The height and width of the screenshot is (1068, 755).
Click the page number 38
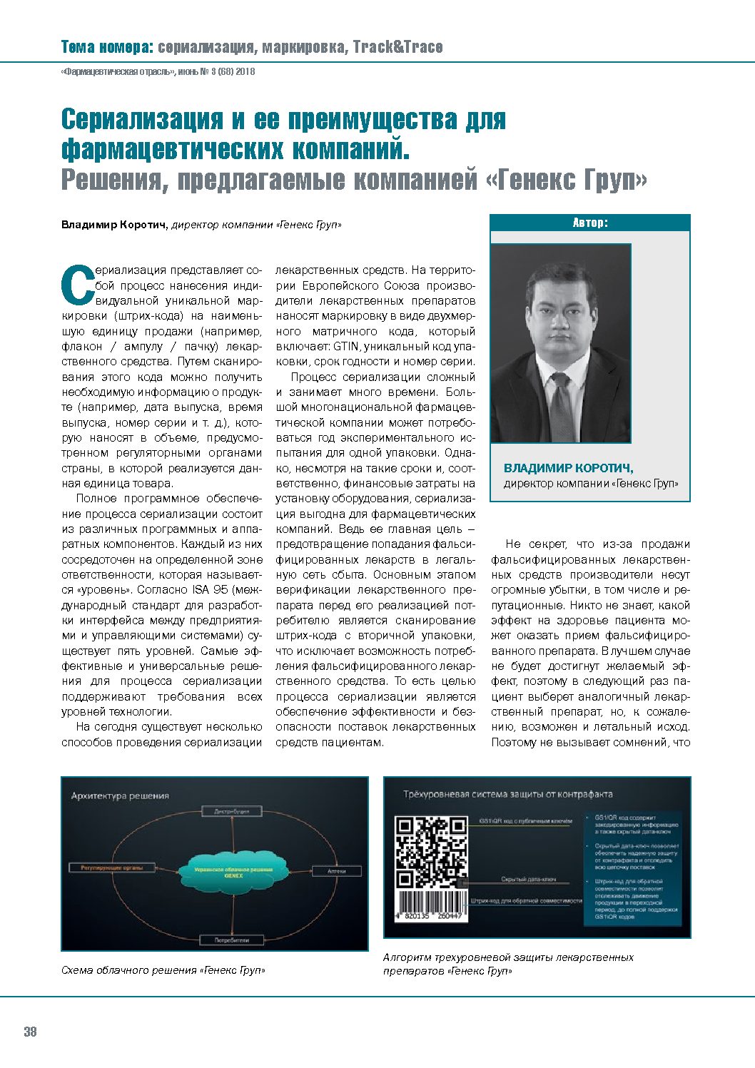tap(30, 1032)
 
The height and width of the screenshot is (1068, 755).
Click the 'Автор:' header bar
tap(590, 223)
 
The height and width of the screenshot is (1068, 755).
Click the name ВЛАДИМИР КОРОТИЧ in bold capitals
tap(568, 468)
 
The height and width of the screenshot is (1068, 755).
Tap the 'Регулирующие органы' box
tap(112, 868)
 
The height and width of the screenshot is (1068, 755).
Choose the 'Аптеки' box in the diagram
tap(336, 871)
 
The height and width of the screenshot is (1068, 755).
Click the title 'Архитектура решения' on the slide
tap(120, 795)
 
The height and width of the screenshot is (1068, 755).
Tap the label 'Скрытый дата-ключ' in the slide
tap(528, 879)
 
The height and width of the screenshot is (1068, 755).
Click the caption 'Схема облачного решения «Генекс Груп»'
tap(163, 970)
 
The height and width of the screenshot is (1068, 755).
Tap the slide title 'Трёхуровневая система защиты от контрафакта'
tap(507, 794)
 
